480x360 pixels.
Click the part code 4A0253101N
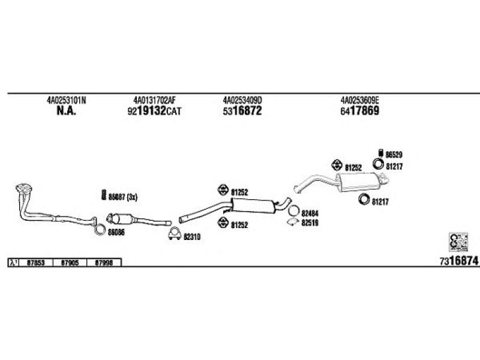point(66,100)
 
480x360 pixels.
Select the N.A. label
point(66,111)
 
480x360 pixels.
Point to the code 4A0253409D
point(242,100)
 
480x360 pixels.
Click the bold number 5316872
point(242,111)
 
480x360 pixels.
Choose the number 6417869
point(360,111)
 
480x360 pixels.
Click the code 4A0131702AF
point(154,100)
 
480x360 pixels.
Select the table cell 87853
point(37,262)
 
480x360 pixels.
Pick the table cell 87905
point(71,262)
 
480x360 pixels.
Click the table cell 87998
point(105,262)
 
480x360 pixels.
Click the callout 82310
point(191,236)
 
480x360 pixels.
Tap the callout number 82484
point(309,212)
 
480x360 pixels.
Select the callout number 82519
point(309,221)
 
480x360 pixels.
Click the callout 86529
point(394,154)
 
